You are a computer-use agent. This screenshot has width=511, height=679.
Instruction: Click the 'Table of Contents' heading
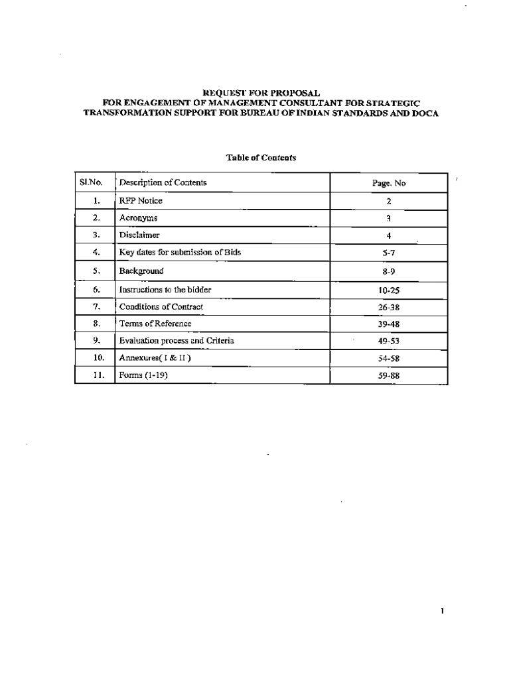coord(261,158)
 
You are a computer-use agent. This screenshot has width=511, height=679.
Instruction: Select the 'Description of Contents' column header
coord(163,182)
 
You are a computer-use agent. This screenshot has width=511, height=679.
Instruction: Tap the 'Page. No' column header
coord(389,183)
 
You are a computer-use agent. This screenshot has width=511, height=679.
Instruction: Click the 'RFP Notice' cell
coord(141,200)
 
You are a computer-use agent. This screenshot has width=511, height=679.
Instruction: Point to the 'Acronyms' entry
coord(138,217)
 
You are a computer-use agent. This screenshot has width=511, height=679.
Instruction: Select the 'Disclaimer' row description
coord(139,235)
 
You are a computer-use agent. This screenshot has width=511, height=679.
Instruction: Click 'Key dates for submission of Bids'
coord(180,253)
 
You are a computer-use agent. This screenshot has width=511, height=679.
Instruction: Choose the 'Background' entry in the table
coord(141,271)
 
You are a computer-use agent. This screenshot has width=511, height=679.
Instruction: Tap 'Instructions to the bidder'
coord(165,290)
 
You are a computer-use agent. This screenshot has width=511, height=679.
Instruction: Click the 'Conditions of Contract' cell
coord(161,306)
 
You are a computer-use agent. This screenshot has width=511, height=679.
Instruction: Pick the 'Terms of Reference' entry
coord(155,324)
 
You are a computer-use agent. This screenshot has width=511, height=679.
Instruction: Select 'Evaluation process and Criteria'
coord(177,341)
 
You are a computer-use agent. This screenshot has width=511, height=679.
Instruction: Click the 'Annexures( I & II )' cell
coord(155,358)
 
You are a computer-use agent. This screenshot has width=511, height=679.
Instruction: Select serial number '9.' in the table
coord(96,341)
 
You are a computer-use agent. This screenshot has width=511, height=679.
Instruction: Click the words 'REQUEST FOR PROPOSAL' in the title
coord(261,93)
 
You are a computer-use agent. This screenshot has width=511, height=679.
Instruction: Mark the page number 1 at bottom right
coord(441,611)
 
